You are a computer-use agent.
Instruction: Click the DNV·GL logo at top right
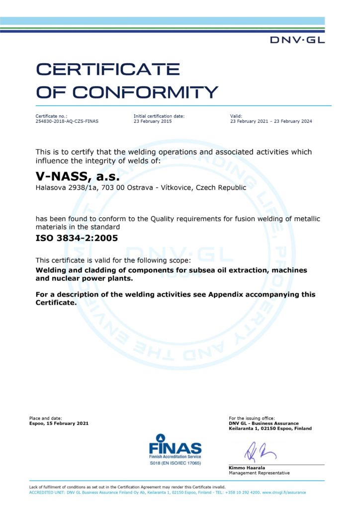click(x=297, y=40)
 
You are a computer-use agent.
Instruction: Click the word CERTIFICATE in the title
click(x=108, y=69)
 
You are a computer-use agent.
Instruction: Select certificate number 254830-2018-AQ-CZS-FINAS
click(x=67, y=121)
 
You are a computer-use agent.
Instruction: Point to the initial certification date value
click(x=153, y=121)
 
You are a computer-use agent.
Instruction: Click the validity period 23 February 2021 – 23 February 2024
click(x=271, y=121)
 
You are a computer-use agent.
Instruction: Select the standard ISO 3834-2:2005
click(x=77, y=238)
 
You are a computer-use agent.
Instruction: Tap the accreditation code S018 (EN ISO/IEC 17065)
click(x=175, y=463)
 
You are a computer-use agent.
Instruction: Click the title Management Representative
click(x=259, y=473)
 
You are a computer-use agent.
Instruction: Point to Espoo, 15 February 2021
click(x=59, y=423)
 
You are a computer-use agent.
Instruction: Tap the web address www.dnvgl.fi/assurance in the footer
click(x=284, y=492)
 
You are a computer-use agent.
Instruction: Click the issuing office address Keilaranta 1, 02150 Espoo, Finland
click(x=270, y=428)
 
